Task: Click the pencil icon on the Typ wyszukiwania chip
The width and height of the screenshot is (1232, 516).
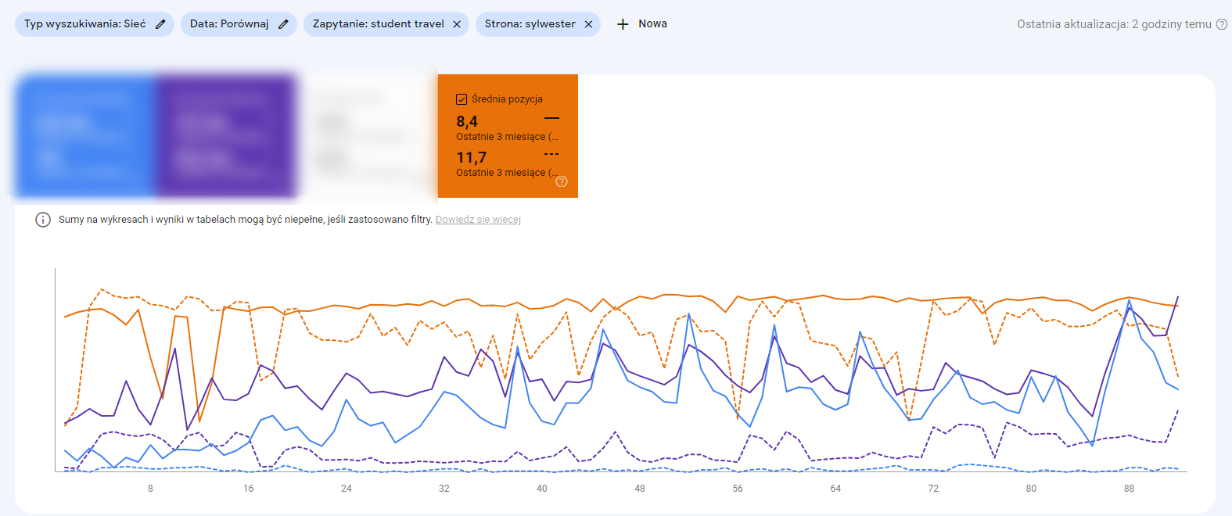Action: click(160, 24)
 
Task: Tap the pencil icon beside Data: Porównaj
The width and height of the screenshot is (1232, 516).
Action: click(283, 24)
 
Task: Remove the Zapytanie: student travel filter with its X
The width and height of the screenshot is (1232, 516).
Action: click(457, 24)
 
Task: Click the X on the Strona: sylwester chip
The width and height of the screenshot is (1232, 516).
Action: click(588, 24)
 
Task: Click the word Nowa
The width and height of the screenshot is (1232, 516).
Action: click(652, 23)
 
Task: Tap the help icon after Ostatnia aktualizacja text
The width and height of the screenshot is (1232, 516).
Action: click(1221, 24)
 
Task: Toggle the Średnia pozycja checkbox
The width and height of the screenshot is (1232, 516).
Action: click(462, 99)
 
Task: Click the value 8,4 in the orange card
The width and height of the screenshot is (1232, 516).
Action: click(467, 121)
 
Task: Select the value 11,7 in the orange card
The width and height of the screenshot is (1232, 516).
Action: click(471, 158)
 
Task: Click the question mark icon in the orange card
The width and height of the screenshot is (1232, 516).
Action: click(562, 181)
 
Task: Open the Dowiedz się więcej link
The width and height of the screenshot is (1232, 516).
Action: click(478, 220)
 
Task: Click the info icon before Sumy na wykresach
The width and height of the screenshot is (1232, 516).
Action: click(43, 220)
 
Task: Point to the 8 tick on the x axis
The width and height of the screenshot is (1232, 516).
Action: click(150, 489)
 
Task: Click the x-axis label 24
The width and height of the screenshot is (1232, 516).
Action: click(346, 489)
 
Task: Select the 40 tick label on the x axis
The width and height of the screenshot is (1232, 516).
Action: click(541, 489)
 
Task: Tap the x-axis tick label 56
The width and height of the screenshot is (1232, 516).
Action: click(738, 489)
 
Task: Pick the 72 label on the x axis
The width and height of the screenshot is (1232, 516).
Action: click(933, 489)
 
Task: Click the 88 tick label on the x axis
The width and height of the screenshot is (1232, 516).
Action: click(1129, 489)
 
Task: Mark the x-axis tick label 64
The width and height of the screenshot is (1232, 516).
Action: click(835, 489)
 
